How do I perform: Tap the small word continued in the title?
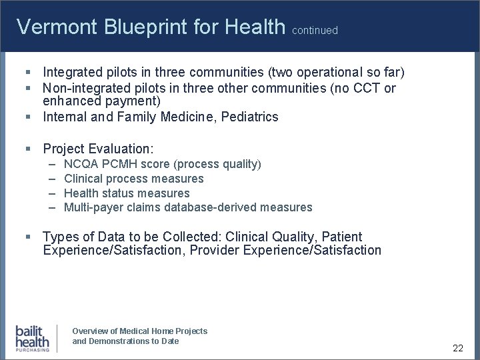point(315,31)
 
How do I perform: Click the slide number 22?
point(457,348)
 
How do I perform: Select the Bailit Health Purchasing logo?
point(33,338)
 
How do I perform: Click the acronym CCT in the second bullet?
point(364,88)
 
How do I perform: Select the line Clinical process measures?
point(133,179)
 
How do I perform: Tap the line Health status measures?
point(127,193)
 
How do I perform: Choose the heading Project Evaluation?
point(98,148)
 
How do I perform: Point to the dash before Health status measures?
point(52,193)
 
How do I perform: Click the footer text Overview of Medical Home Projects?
point(139,331)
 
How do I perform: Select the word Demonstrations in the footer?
point(121,341)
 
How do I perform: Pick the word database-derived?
point(219,207)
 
